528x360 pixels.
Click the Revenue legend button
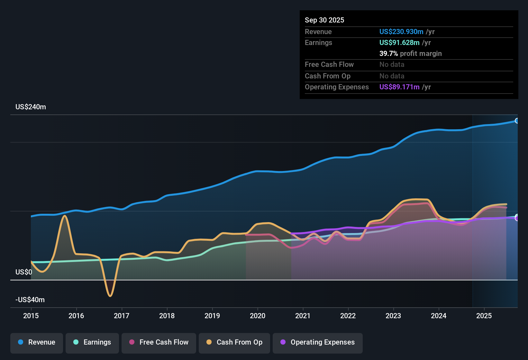click(37, 342)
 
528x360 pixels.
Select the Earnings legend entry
click(92, 342)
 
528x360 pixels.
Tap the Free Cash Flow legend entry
click(159, 342)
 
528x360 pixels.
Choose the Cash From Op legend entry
click(234, 342)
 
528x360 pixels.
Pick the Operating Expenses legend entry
click(318, 342)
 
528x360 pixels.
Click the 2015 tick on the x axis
click(31, 316)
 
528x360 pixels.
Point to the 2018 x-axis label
click(167, 316)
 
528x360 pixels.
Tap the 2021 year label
click(303, 316)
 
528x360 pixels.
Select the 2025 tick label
click(484, 316)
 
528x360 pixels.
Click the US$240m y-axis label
click(31, 107)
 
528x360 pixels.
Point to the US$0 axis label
click(24, 272)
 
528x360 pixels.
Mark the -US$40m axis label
click(30, 300)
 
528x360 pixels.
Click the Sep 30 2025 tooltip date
click(324, 20)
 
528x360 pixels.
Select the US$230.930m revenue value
click(401, 32)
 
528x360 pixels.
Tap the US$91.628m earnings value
click(399, 43)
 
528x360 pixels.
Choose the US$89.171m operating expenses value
click(399, 87)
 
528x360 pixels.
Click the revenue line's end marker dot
click(517, 121)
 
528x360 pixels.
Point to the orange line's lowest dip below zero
click(110, 296)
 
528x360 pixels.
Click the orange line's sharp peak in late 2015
click(65, 216)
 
